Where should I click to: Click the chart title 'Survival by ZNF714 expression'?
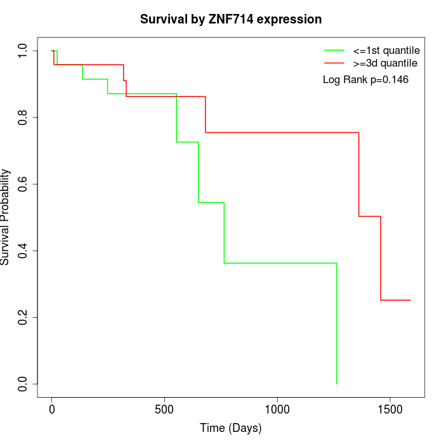(231, 19)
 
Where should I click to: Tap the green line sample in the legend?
(334, 49)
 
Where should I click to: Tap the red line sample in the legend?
(334, 63)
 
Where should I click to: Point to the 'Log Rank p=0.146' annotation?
(365, 80)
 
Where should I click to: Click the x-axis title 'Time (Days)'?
(231, 428)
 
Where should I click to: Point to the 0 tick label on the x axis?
(52, 409)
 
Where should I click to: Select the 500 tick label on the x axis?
(164, 409)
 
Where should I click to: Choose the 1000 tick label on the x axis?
(277, 409)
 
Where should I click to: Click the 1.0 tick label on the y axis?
(23, 51)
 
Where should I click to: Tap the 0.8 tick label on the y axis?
(23, 117)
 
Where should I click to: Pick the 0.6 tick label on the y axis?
(23, 184)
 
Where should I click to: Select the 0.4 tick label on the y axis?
(23, 251)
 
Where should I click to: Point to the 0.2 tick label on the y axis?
(23, 317)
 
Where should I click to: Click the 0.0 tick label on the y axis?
(23, 384)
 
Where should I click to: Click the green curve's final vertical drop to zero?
(336, 323)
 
